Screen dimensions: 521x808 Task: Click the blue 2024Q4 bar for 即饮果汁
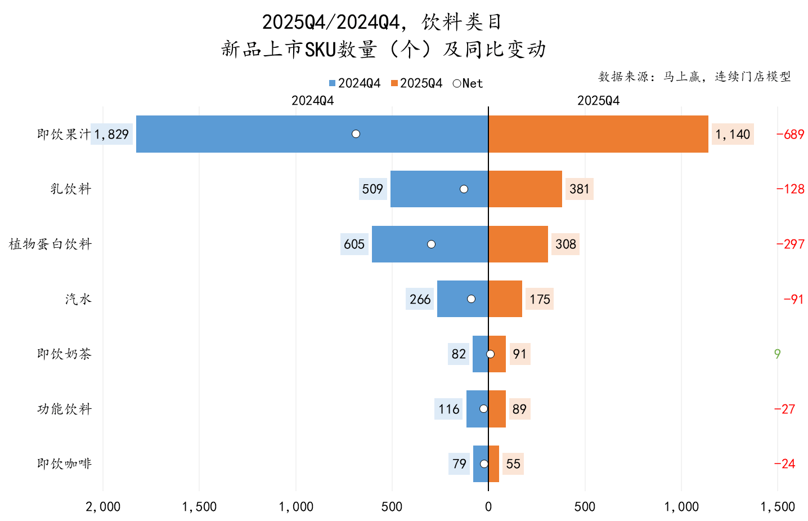click(x=253, y=134)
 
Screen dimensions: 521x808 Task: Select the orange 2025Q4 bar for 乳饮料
click(x=525, y=189)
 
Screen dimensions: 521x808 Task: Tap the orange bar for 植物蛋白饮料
click(x=518, y=244)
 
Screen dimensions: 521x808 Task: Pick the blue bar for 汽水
click(x=456, y=299)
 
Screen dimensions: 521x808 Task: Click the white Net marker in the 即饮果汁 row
click(x=356, y=134)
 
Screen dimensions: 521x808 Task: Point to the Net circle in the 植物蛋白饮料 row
click(x=431, y=244)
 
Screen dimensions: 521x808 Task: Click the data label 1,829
click(x=111, y=134)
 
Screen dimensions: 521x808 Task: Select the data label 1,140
click(x=732, y=134)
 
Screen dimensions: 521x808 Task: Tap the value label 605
click(x=354, y=244)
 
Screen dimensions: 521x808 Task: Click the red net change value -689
click(x=790, y=134)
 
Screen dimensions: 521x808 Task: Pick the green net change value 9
click(x=777, y=354)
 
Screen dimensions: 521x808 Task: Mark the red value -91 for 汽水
click(x=793, y=299)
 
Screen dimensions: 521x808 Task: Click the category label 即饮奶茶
click(x=64, y=354)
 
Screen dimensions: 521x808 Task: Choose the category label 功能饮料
click(x=64, y=409)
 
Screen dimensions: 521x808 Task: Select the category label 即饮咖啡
click(x=64, y=464)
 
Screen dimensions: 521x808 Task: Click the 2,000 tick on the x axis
click(x=103, y=506)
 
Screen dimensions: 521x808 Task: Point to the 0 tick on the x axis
click(x=488, y=506)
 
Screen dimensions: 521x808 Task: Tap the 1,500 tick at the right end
click(x=777, y=506)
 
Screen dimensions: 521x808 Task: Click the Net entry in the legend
click(x=468, y=83)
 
